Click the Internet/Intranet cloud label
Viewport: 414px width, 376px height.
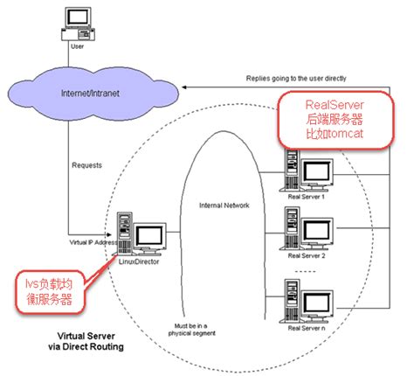[93, 94]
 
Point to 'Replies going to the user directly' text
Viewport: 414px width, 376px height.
[298, 79]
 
